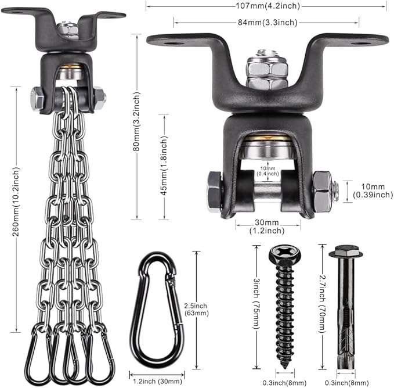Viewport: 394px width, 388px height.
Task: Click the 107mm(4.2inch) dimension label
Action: [x=268, y=6]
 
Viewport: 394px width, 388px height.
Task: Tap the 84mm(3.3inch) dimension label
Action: [x=268, y=23]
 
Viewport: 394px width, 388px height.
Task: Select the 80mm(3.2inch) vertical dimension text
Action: [x=136, y=121]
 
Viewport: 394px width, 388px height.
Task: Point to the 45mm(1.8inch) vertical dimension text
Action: [x=164, y=166]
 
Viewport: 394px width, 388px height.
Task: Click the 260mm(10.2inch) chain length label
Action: [x=16, y=202]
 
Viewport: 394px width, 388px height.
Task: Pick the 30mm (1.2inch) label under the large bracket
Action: [x=267, y=227]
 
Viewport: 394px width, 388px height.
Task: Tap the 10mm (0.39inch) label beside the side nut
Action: [x=373, y=191]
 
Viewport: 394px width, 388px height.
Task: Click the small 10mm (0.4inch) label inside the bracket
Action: [x=268, y=171]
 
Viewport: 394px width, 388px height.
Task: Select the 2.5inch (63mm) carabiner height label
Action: [x=196, y=309]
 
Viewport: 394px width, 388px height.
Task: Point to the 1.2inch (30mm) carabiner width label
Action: [x=157, y=381]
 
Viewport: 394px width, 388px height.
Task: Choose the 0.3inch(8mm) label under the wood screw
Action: [x=284, y=383]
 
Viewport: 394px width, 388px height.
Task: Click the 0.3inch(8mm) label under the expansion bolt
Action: [x=347, y=383]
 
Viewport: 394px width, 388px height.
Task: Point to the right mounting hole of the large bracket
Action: [x=361, y=44]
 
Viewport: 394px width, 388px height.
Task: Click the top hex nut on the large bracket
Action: [x=268, y=67]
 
